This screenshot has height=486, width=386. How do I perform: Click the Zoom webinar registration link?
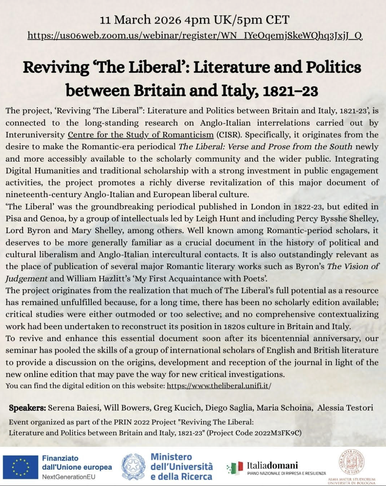[x=195, y=36]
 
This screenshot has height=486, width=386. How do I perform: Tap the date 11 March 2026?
[x=140, y=20]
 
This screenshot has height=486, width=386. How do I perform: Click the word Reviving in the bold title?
[x=56, y=67]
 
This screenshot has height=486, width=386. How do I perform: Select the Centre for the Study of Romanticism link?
[x=140, y=135]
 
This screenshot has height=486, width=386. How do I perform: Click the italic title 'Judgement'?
[x=26, y=279]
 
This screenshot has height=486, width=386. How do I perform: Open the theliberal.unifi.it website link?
[x=219, y=386]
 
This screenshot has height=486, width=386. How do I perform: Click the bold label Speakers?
[x=27, y=408]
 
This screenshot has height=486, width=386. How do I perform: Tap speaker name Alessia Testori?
[x=345, y=408]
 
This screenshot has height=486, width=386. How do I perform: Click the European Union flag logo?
[x=20, y=467]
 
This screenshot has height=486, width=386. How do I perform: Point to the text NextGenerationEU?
[x=68, y=477]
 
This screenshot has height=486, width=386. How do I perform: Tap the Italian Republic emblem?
[x=133, y=467]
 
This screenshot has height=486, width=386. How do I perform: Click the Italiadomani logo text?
[x=272, y=465]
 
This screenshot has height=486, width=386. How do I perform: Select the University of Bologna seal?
[x=351, y=463]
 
